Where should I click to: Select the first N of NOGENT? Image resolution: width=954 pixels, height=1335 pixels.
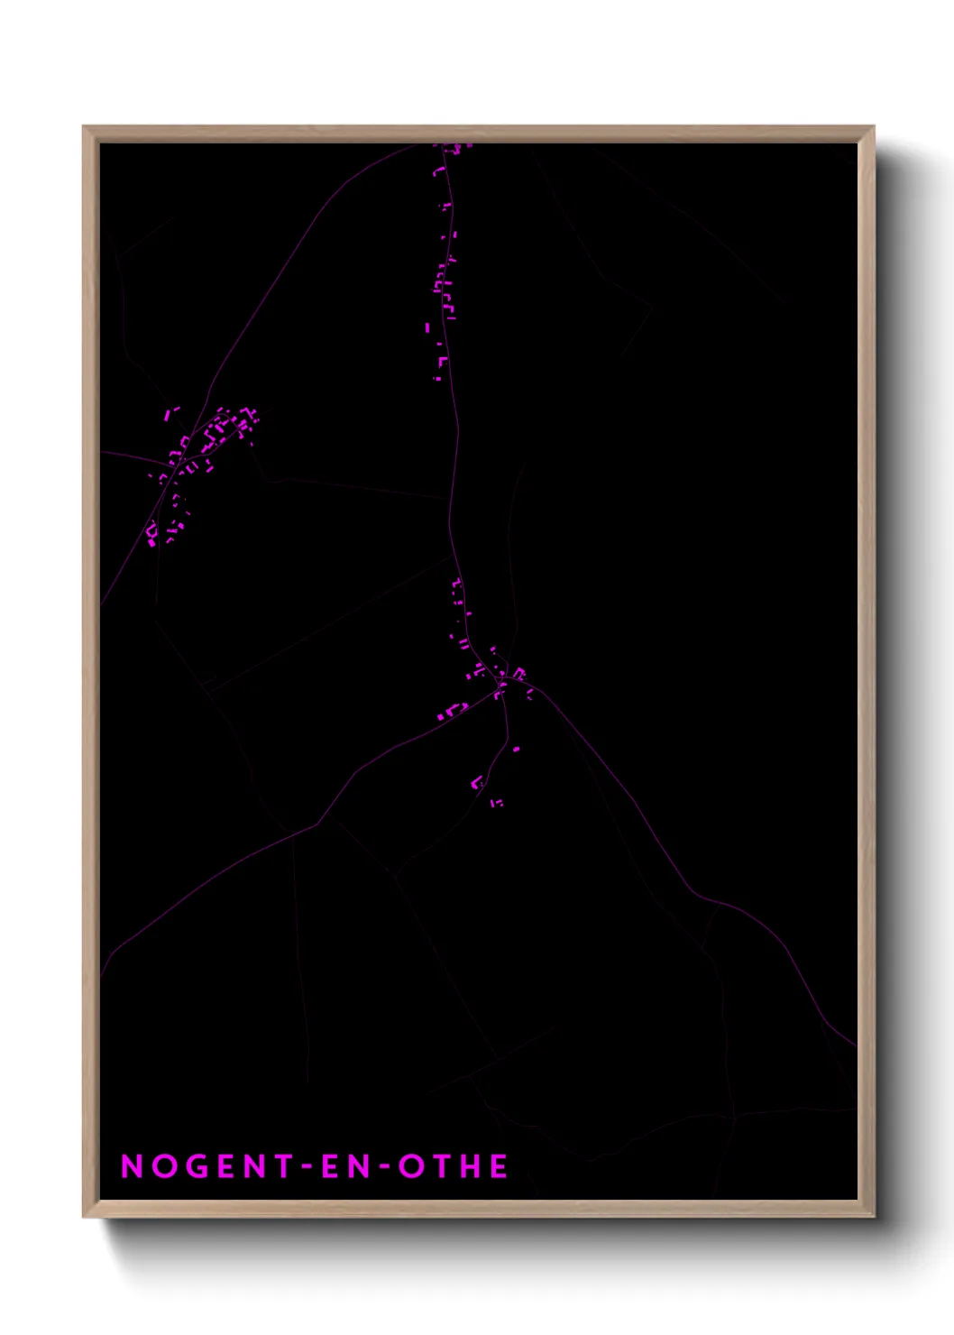click(132, 1166)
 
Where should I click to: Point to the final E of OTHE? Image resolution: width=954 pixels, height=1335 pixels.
click(499, 1166)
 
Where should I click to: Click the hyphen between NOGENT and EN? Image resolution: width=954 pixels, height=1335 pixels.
click(285, 1167)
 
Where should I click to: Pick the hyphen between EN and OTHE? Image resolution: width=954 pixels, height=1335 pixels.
click(381, 1167)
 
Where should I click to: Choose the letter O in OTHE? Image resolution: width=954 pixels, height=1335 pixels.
click(410, 1166)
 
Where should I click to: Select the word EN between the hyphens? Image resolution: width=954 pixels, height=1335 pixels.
click(333, 1166)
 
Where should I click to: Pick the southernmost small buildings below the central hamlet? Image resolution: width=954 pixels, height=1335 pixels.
click(496, 802)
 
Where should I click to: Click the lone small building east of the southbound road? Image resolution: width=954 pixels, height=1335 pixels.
click(516, 749)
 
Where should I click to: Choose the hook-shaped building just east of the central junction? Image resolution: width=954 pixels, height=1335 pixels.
click(520, 673)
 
